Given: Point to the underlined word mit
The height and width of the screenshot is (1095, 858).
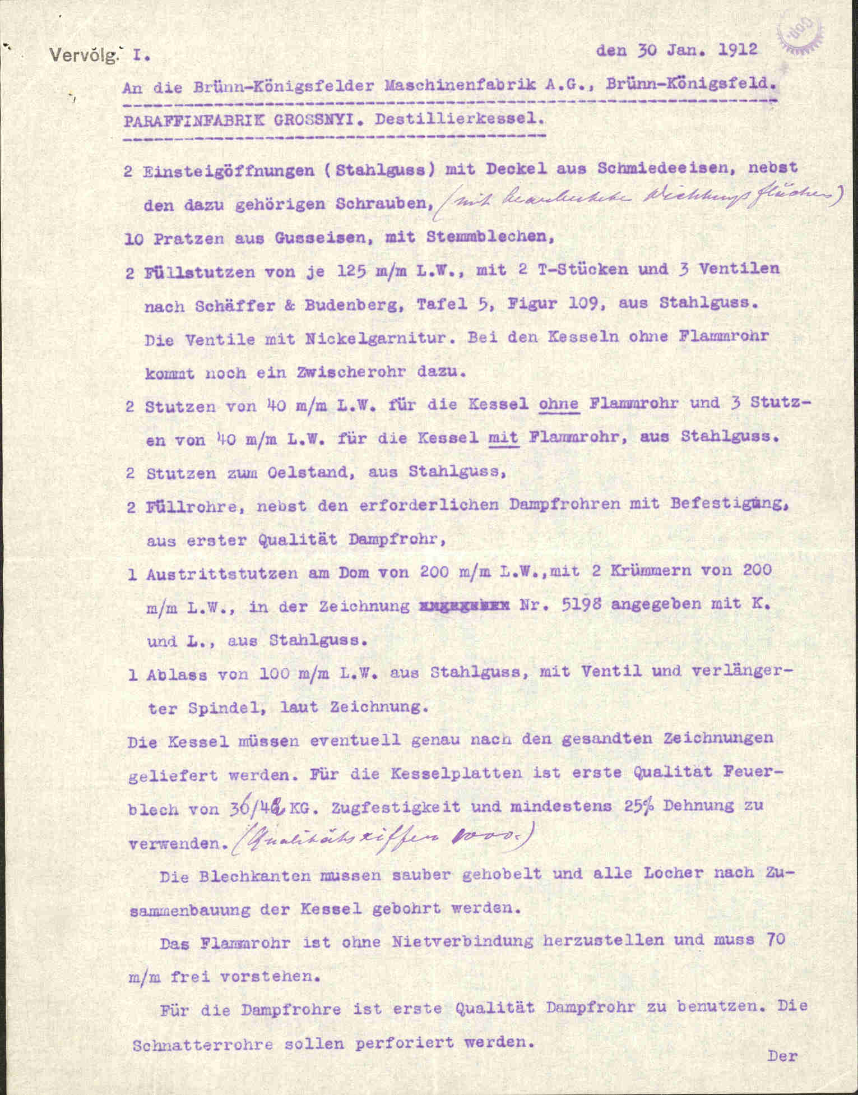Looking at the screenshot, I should [x=504, y=438].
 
